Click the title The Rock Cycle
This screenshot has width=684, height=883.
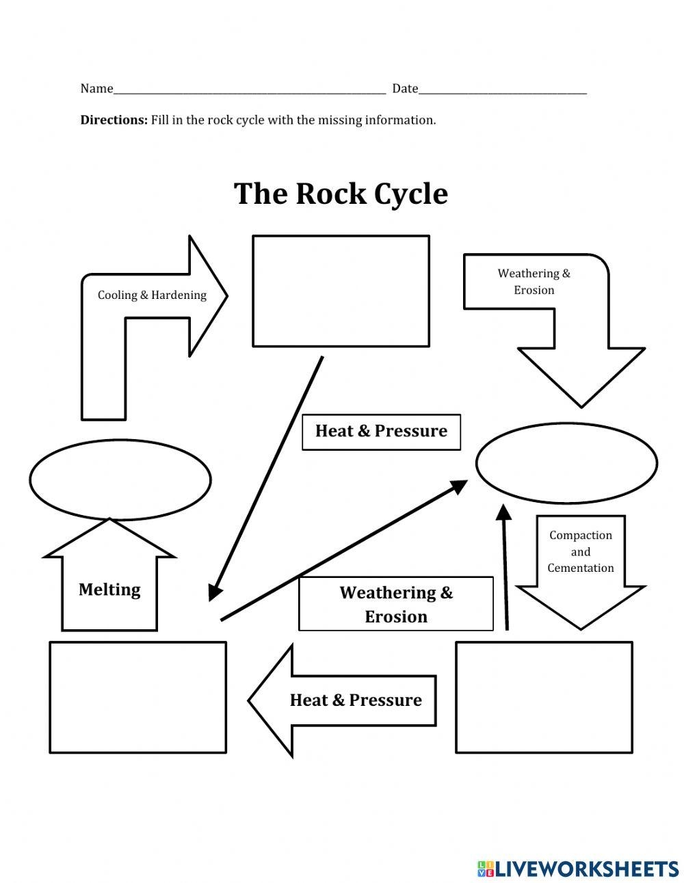(x=341, y=194)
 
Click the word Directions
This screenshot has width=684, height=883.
(x=114, y=120)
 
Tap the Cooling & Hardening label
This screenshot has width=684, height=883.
(x=152, y=295)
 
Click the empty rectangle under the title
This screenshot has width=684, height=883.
(x=341, y=291)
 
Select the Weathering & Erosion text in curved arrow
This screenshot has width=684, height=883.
(x=534, y=282)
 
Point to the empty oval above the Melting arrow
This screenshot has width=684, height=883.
(x=120, y=479)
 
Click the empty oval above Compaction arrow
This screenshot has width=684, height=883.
(x=566, y=463)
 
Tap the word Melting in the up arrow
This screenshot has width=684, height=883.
(x=109, y=590)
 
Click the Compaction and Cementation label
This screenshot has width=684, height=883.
(x=581, y=552)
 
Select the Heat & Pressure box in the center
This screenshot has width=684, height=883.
(x=381, y=432)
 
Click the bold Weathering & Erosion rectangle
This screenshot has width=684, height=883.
(x=395, y=604)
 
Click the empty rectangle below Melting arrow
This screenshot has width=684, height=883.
(x=137, y=697)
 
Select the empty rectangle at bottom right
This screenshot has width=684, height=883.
(x=544, y=697)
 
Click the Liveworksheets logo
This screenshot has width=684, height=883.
(x=578, y=869)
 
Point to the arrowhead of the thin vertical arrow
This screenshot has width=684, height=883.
(x=503, y=512)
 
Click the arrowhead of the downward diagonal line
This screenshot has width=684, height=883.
(x=215, y=592)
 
